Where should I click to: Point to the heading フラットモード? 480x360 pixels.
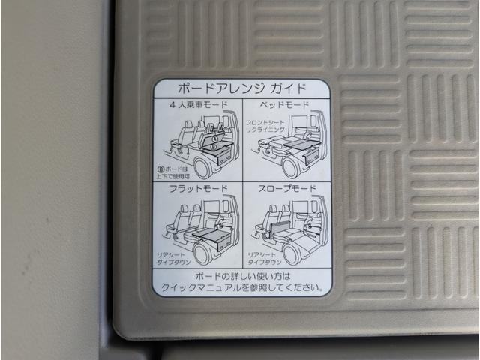coord(197,187)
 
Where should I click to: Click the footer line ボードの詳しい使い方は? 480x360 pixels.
coord(241,276)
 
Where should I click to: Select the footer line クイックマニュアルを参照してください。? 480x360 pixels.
coord(241,286)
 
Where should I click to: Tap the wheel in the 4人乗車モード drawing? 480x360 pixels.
coord(200,166)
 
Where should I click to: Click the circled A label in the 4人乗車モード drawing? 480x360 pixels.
coord(215,139)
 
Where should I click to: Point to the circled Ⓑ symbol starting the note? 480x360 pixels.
coord(162,169)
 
